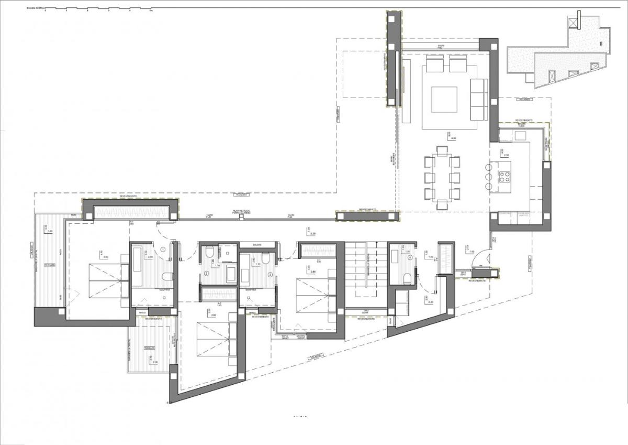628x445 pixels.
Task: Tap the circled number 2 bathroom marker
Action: (206, 274)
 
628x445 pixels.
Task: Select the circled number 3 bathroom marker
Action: (270, 274)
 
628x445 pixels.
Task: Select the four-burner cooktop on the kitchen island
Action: (506, 177)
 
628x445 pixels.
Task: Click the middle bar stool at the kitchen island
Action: (489, 177)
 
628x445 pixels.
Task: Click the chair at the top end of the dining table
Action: (443, 151)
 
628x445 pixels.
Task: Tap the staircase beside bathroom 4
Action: (365, 273)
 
